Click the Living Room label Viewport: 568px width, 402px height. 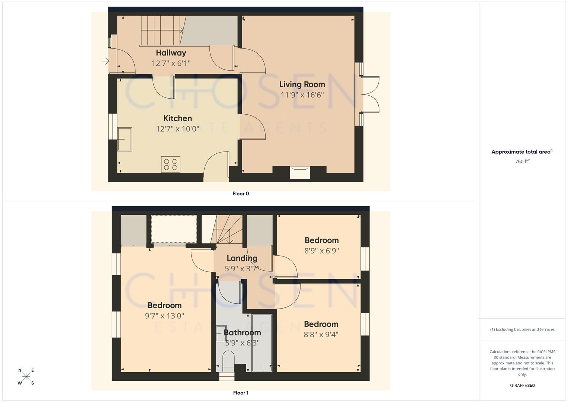coord(302,84)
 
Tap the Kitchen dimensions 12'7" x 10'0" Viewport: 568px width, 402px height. coord(177,129)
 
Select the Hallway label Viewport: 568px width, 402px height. coord(171,53)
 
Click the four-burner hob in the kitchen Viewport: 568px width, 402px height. coord(171,164)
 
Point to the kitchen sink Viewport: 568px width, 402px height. coord(125,139)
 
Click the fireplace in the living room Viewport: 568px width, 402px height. coord(300,172)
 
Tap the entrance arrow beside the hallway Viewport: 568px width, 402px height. coord(106,61)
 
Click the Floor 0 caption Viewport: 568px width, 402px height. coord(241,194)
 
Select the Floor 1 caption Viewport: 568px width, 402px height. coord(241,393)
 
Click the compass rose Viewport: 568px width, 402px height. coord(26,376)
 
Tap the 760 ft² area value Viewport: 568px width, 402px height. coord(522,162)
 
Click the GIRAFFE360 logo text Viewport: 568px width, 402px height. coord(522,385)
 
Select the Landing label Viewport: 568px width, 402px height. coord(242,258)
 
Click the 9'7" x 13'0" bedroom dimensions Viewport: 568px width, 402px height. coord(164,316)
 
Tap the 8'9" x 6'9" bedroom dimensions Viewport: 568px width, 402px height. coord(321,251)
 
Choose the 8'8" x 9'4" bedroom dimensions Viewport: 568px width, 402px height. coord(321,334)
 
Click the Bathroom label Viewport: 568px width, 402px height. coord(242,332)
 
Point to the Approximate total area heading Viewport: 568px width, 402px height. coord(522,152)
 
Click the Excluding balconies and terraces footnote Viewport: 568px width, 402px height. coord(522,329)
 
